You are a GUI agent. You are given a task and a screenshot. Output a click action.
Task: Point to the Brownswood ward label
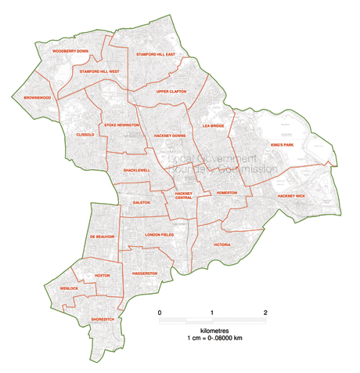(x=37, y=98)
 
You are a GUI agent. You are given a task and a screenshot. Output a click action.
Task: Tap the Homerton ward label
(x=227, y=192)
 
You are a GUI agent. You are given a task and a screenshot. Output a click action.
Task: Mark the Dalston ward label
(x=141, y=202)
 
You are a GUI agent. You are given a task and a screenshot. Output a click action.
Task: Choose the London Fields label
(x=163, y=234)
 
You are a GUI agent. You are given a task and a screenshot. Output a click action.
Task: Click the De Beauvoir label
(x=102, y=236)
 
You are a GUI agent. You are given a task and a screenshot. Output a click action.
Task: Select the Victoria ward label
(x=221, y=244)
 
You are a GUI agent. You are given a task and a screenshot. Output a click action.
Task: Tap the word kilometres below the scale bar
(x=212, y=331)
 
